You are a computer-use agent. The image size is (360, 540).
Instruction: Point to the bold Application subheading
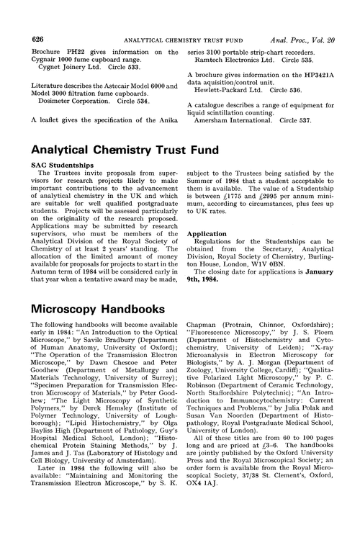point(208,253)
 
